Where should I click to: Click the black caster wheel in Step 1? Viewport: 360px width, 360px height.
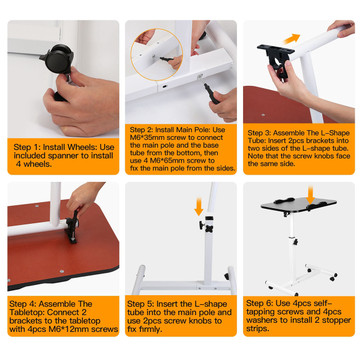(59, 58)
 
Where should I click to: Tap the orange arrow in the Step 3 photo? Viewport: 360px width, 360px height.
(292, 39)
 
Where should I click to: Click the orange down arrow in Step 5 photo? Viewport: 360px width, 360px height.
(199, 207)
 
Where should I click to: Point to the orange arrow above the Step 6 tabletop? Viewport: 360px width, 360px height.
(311, 195)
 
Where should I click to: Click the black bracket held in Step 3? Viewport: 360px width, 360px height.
(277, 58)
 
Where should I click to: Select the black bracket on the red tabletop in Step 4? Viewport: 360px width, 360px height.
(73, 226)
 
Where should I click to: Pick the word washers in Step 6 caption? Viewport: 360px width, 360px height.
(260, 320)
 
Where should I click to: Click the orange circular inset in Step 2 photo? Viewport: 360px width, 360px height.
(157, 55)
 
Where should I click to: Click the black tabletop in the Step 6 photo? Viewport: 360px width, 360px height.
(299, 204)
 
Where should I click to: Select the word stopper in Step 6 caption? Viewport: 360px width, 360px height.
(337, 320)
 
